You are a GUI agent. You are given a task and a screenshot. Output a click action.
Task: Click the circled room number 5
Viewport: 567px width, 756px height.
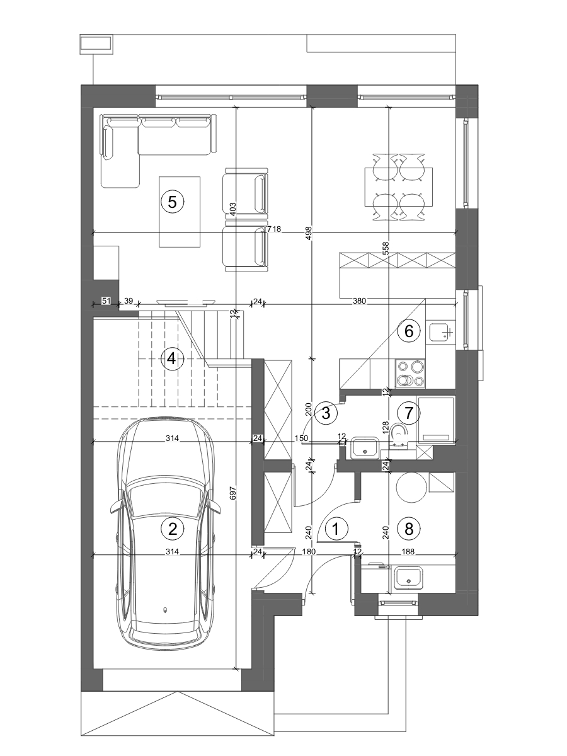tap(173, 202)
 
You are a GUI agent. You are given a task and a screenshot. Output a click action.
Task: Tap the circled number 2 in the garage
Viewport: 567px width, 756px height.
tap(173, 528)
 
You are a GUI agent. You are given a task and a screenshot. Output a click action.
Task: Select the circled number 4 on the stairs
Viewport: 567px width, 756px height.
tap(171, 359)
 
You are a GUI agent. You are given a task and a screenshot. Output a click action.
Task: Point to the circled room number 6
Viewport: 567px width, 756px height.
tap(409, 331)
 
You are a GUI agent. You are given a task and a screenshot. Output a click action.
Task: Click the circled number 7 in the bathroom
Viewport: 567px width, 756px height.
tap(409, 413)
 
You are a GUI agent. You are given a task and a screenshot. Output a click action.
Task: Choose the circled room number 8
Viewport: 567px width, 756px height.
tap(409, 528)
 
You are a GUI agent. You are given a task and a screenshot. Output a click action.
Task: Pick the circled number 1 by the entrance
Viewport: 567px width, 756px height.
tap(336, 528)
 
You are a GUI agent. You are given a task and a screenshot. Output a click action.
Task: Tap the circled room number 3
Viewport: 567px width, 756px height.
tap(326, 412)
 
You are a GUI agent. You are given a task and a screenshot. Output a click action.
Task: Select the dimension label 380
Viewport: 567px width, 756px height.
tap(359, 301)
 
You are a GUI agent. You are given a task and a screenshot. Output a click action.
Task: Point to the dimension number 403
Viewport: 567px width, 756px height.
tap(232, 209)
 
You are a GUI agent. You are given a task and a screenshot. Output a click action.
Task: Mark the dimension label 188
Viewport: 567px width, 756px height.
tap(408, 551)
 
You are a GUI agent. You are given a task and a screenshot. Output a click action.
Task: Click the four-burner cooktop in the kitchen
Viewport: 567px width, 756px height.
tap(410, 374)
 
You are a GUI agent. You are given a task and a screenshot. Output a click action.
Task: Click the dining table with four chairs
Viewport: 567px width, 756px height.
tap(399, 187)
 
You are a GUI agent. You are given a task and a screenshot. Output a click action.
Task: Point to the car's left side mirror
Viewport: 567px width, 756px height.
tap(116, 508)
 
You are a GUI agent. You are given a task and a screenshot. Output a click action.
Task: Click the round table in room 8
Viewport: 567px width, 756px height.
tap(411, 488)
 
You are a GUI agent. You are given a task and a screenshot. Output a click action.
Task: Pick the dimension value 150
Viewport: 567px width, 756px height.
tap(301, 438)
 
